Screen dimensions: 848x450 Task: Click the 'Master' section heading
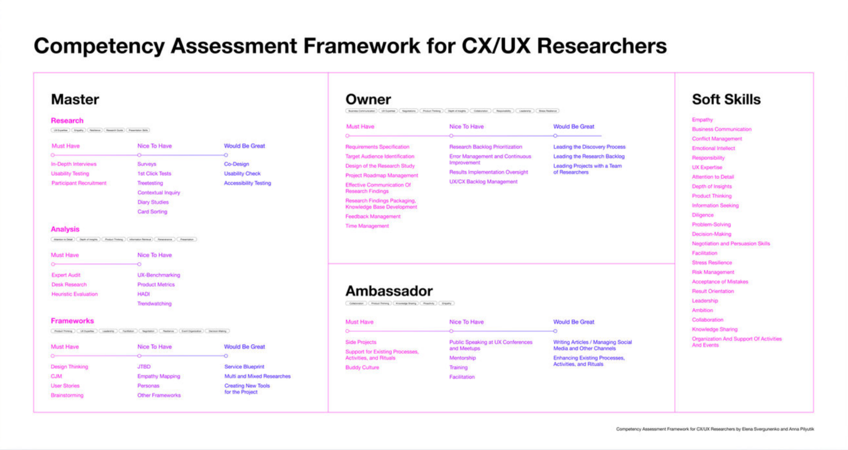click(x=75, y=99)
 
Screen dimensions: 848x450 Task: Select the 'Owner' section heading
click(x=368, y=99)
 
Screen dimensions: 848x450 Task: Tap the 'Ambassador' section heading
click(x=389, y=291)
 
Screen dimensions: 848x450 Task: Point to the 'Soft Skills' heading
click(x=726, y=99)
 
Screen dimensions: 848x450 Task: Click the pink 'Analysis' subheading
click(x=65, y=229)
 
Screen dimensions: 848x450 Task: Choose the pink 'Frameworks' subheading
click(x=72, y=321)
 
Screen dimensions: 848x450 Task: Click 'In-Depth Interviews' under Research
click(x=74, y=164)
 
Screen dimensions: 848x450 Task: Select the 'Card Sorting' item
click(x=152, y=212)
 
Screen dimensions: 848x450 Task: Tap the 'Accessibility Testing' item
click(x=247, y=183)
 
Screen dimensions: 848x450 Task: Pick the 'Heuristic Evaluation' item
click(x=74, y=294)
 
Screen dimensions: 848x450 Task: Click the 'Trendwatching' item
click(x=154, y=304)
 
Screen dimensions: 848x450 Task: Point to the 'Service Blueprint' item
click(x=244, y=367)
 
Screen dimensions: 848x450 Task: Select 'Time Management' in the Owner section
click(x=367, y=226)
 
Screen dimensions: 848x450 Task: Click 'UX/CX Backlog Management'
click(x=483, y=182)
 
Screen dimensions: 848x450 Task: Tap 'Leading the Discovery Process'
click(x=589, y=147)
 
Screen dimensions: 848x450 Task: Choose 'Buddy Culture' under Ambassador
click(x=362, y=368)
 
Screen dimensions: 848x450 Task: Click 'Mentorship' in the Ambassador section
click(x=462, y=358)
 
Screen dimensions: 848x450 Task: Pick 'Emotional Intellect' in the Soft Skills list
click(x=713, y=148)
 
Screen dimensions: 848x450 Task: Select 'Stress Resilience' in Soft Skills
click(x=712, y=263)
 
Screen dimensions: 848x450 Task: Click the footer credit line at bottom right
click(x=715, y=429)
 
